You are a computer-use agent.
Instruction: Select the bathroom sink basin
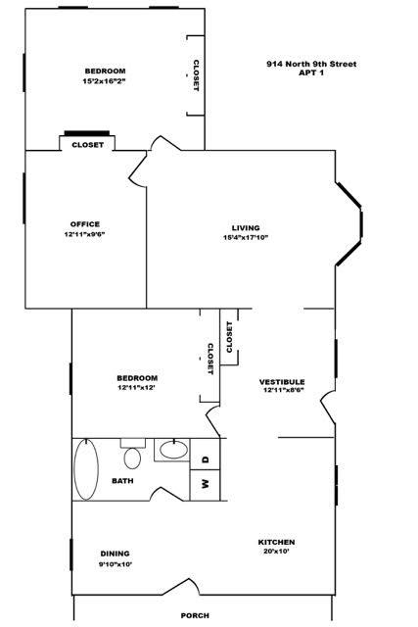point(173,452)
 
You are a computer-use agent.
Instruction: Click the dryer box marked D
point(206,458)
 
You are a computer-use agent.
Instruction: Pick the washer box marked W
point(206,482)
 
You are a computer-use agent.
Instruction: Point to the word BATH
point(122,481)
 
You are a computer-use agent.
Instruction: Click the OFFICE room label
point(85,224)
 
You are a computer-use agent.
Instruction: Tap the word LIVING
point(232,228)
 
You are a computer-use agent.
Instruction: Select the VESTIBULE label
point(282,382)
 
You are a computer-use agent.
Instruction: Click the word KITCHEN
point(276,542)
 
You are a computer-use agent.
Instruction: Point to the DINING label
point(115,554)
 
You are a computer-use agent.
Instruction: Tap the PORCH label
point(195,615)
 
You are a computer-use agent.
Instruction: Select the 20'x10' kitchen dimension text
point(276,552)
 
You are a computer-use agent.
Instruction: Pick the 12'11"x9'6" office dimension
point(85,234)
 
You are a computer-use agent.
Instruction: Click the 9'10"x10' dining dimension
point(115,563)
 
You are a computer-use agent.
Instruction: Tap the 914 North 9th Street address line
point(310,65)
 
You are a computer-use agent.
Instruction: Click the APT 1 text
point(311,74)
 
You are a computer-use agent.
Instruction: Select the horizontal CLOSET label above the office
point(88,145)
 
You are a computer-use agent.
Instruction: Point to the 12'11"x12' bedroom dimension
point(137,387)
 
